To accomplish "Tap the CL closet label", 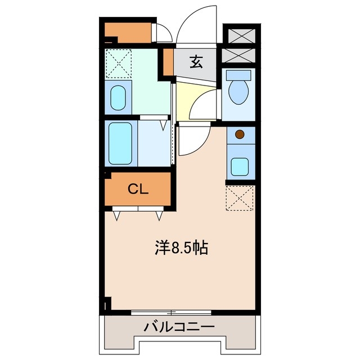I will click(x=138, y=189).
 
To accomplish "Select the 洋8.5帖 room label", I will click(x=182, y=247).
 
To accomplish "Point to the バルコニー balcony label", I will click(x=178, y=326).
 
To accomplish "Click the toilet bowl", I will click(x=240, y=91).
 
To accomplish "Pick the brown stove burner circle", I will click(x=240, y=134).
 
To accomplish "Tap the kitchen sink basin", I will click(x=240, y=166).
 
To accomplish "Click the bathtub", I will click(x=119, y=143).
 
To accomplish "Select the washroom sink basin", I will click(x=118, y=98).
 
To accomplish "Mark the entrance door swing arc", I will click(x=196, y=22).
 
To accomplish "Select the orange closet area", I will click(x=138, y=189).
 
